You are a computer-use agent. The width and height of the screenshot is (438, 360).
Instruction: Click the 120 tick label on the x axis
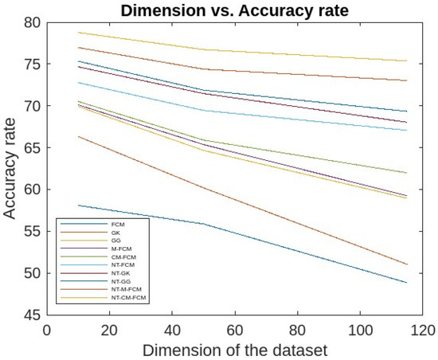tap(423, 328)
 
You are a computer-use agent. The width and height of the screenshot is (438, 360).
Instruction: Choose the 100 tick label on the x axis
tap(360, 328)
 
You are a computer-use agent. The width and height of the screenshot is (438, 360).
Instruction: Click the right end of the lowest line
tap(407, 283)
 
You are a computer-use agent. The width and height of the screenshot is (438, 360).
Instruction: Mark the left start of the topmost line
tap(78, 33)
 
